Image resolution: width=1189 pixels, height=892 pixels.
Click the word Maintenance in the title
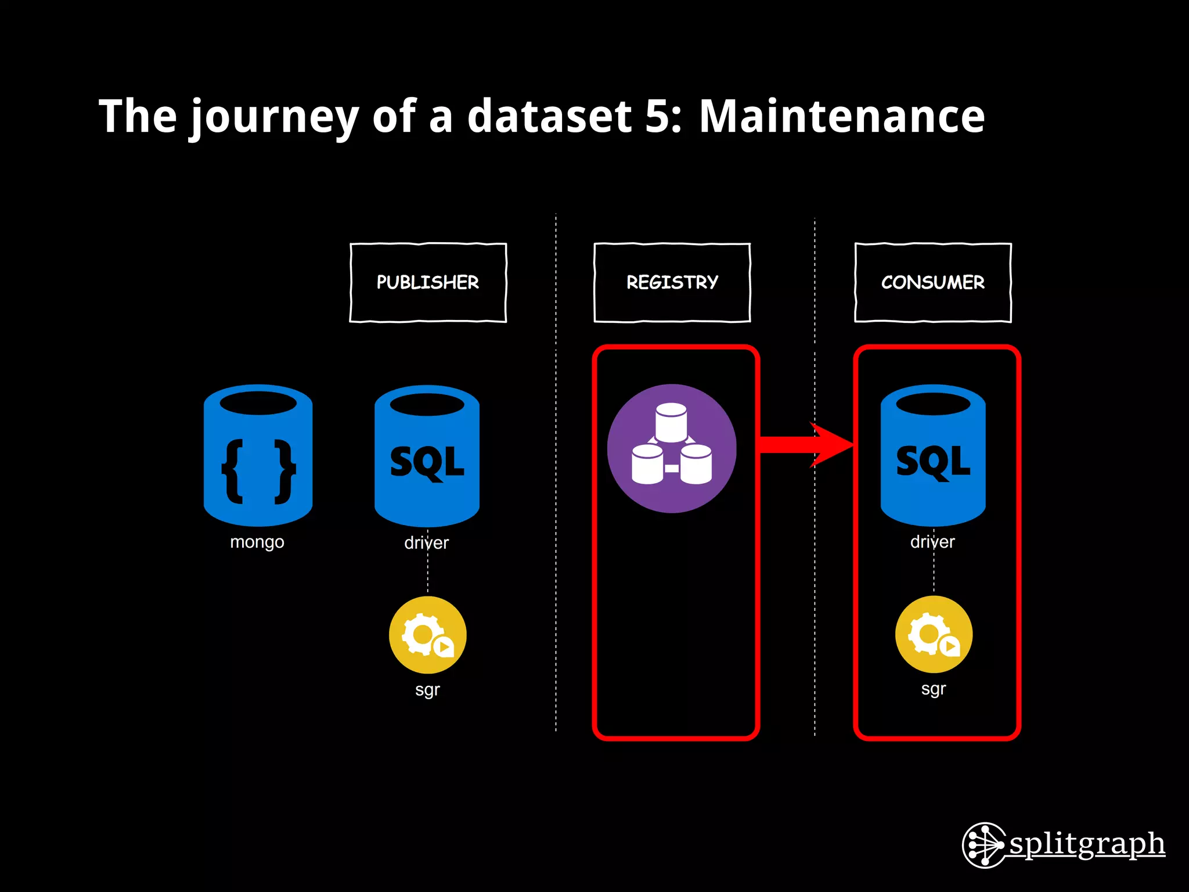tap(841, 116)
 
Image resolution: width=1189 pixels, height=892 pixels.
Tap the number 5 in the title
tap(657, 116)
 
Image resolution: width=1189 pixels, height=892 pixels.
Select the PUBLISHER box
tap(428, 282)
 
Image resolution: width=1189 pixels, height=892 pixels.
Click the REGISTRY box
tap(672, 282)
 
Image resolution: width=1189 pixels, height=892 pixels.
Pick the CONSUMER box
tap(932, 282)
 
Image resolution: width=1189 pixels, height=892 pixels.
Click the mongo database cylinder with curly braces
tap(258, 456)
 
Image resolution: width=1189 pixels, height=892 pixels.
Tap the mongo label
tap(257, 542)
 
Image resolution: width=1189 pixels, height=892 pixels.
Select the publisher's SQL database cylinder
tap(427, 456)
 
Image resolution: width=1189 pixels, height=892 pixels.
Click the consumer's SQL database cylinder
tap(933, 456)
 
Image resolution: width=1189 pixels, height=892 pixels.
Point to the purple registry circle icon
tap(672, 448)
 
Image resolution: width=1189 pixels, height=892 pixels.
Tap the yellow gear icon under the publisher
tap(427, 635)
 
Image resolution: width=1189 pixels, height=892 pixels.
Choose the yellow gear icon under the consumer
tap(934, 634)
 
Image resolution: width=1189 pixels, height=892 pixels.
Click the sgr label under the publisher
tap(427, 690)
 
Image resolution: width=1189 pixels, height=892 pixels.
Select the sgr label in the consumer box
tap(934, 689)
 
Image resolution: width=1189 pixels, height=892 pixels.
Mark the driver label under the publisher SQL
tap(427, 543)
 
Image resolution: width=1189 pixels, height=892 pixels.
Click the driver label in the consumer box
tap(932, 542)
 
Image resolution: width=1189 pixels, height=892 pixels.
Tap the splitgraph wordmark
tap(1087, 844)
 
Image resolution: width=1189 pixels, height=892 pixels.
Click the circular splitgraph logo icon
tap(983, 845)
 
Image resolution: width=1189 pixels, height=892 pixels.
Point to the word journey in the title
tap(274, 116)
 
